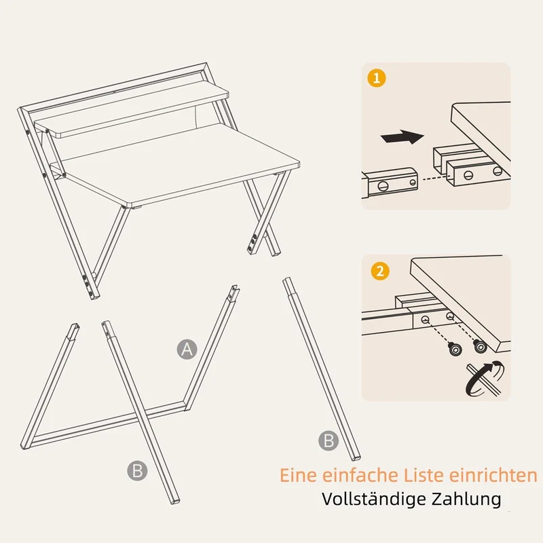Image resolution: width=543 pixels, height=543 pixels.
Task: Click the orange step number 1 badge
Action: tap(377, 78)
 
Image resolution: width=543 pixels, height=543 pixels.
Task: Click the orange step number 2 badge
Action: tap(380, 271)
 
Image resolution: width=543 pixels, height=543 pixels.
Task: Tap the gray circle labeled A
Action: tap(187, 349)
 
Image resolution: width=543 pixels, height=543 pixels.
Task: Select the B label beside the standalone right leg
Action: tap(329, 441)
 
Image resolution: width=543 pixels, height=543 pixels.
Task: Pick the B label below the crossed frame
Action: tap(137, 470)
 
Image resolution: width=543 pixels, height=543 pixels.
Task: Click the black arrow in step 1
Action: tap(402, 137)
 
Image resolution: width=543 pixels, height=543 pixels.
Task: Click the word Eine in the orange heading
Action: tap(298, 475)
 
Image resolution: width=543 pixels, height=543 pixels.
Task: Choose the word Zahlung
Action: tap(466, 500)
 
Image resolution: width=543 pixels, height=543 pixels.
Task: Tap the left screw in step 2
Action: tap(454, 349)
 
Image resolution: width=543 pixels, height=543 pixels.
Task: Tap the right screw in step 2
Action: tap(480, 346)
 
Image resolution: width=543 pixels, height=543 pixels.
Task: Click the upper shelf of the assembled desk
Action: tap(132, 109)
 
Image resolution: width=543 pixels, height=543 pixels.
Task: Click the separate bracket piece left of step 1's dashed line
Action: tap(390, 183)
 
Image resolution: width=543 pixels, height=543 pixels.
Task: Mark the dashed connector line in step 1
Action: tap(433, 179)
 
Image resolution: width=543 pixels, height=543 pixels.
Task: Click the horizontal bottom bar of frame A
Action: tap(108, 425)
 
